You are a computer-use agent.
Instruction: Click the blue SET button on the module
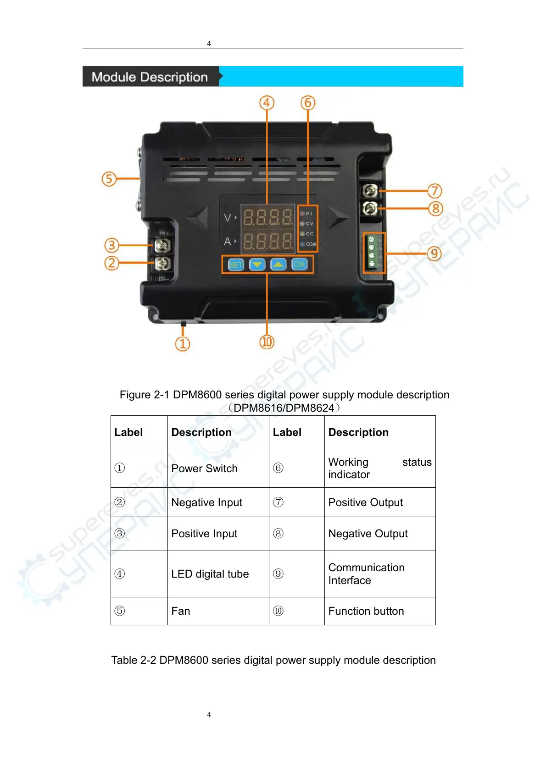[236, 265]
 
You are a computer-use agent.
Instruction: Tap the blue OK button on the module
[300, 264]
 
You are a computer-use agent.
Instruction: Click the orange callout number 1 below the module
[183, 344]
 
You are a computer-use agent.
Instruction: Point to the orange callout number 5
[109, 178]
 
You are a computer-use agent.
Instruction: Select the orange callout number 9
[434, 254]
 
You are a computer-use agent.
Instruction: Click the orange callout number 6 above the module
[308, 103]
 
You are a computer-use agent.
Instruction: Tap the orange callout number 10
[267, 342]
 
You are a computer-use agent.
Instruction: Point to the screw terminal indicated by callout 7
[370, 190]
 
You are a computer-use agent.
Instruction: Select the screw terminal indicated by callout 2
[162, 263]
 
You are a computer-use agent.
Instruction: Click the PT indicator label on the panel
[309, 214]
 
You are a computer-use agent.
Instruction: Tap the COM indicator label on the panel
[311, 244]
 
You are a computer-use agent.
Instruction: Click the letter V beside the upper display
[228, 218]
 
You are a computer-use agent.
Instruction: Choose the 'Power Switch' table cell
[205, 469]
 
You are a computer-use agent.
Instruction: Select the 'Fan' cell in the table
[181, 611]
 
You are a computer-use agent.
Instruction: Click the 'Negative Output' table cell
[368, 534]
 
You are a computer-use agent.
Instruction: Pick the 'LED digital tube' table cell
[210, 574]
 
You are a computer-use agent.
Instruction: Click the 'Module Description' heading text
[150, 77]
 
